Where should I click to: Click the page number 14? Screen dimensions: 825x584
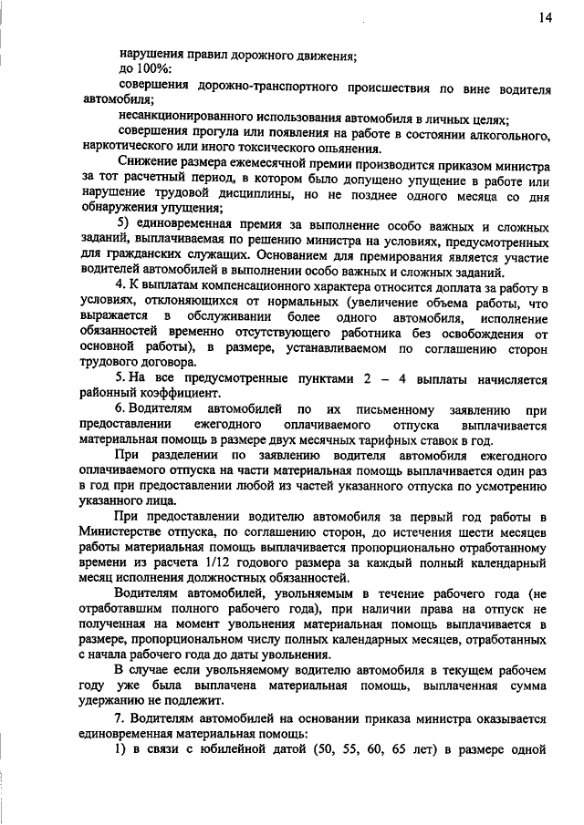coord(545,16)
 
